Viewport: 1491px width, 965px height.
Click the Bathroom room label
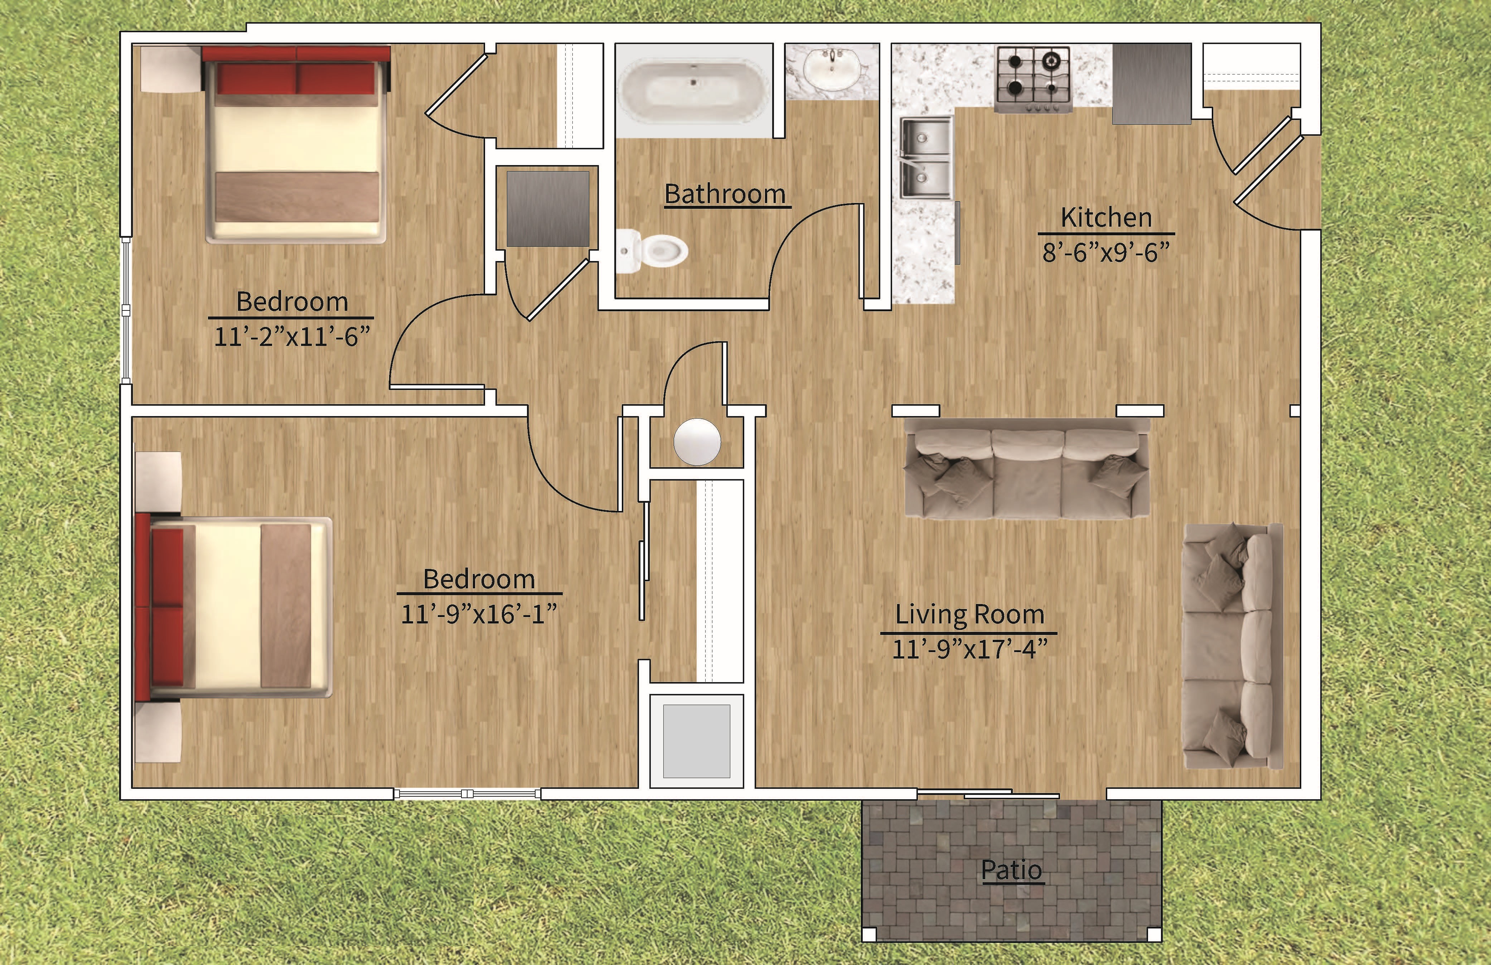pyautogui.click(x=725, y=194)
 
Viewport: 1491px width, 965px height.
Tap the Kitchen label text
pyautogui.click(x=1106, y=217)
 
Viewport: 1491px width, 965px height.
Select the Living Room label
pyautogui.click(x=969, y=614)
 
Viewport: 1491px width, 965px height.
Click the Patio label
pyautogui.click(x=1011, y=870)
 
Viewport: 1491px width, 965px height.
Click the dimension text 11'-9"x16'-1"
pyautogui.click(x=479, y=614)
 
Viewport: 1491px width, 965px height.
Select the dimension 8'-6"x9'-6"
pyautogui.click(x=1106, y=252)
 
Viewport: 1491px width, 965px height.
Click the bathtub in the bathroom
pyautogui.click(x=693, y=91)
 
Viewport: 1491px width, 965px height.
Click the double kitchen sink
pyautogui.click(x=925, y=158)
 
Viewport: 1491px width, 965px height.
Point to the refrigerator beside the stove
pyautogui.click(x=1151, y=83)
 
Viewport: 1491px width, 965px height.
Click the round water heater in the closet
pyautogui.click(x=697, y=442)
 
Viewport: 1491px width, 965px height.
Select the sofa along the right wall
pyautogui.click(x=1231, y=645)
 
